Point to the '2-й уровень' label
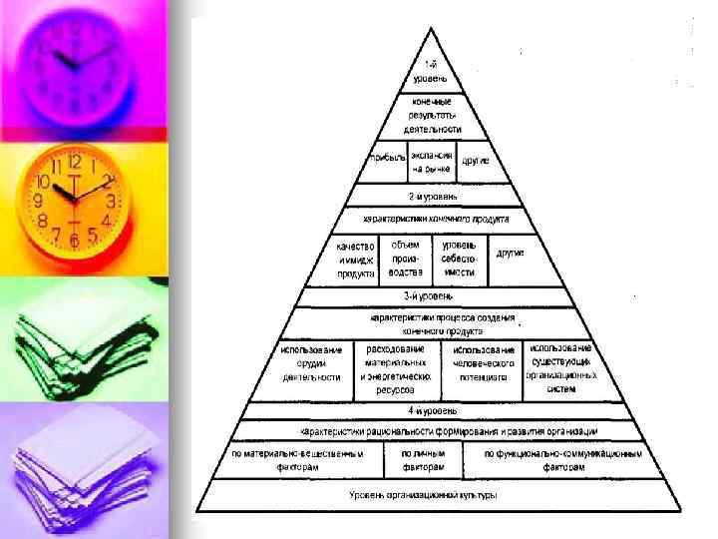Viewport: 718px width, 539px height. tap(431, 197)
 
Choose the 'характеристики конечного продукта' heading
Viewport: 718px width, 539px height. tap(435, 218)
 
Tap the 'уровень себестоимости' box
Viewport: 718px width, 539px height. tap(459, 258)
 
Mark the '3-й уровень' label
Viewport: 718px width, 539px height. tap(429, 296)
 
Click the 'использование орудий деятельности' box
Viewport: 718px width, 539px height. tap(311, 363)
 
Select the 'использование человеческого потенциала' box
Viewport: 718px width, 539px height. tap(485, 363)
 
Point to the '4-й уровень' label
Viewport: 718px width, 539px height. tap(431, 410)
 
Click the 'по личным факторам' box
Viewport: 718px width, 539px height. tap(431, 459)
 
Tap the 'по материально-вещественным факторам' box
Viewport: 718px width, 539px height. tap(296, 459)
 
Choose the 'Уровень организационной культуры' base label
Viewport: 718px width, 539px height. tap(423, 495)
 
